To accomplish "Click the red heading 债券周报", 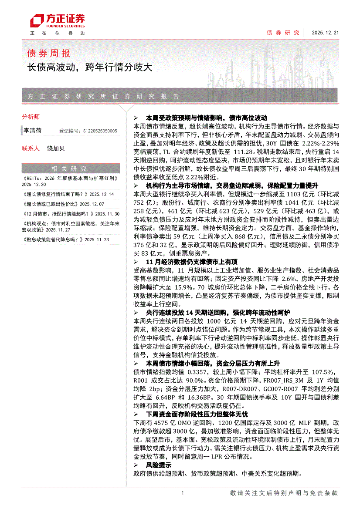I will click(48, 54).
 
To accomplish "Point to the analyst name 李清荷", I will click(33, 130).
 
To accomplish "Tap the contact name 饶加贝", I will click(56, 148).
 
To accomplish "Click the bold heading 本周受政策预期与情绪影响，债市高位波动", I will click(206, 118).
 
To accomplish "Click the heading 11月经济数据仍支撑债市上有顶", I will click(191, 262).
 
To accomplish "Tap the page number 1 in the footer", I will click(182, 493).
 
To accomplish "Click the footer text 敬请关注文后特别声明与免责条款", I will click(284, 493).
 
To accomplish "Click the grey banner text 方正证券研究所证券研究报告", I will click(103, 96).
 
